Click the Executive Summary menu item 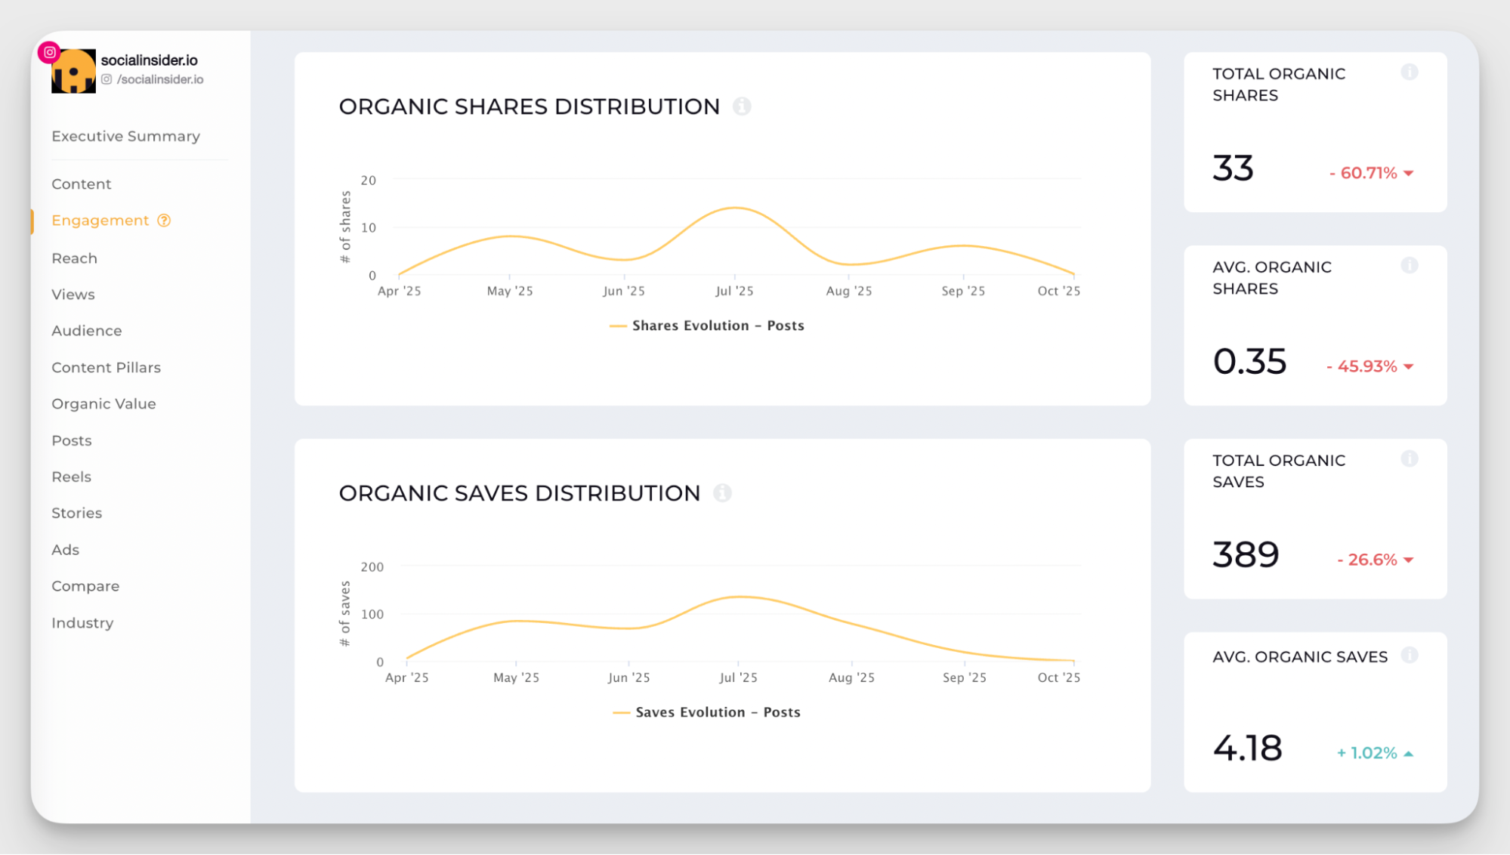point(125,136)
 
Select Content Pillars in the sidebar point(106,367)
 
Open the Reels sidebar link point(71,477)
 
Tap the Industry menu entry point(82,622)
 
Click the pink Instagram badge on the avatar point(49,52)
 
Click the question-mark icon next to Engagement point(164,221)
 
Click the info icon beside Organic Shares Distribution point(742,106)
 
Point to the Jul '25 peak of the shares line point(734,208)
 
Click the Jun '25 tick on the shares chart point(623,291)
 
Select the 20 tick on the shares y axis point(368,181)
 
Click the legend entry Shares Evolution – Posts point(707,326)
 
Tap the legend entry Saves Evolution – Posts point(707,712)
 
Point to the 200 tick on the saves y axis point(372,567)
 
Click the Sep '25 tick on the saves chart point(964,678)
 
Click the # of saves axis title point(345,613)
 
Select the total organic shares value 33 point(1233,168)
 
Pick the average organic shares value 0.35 point(1249,362)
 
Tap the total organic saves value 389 point(1246,555)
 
